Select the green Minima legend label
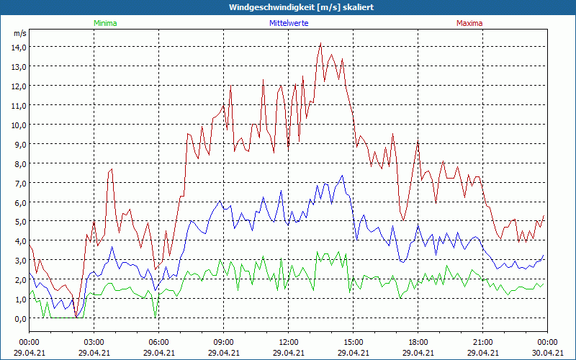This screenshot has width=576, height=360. click(x=105, y=23)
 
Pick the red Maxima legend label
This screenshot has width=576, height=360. click(x=469, y=23)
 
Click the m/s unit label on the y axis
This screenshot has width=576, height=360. click(x=19, y=34)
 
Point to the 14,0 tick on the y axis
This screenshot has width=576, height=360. click(x=18, y=47)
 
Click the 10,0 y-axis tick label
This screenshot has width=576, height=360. click(x=18, y=125)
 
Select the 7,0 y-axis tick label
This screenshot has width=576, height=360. click(x=18, y=183)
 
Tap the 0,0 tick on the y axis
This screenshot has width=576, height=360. click(x=18, y=318)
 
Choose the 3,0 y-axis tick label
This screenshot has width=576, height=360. click(x=18, y=261)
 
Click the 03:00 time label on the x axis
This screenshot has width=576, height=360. click(x=94, y=342)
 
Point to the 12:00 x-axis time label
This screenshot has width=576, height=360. click(x=288, y=342)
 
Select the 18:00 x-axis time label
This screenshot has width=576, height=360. click(x=418, y=342)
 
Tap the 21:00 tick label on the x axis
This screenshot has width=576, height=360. click(x=482, y=342)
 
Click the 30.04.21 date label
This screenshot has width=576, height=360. click(x=547, y=353)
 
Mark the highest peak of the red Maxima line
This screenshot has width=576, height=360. click(x=320, y=43)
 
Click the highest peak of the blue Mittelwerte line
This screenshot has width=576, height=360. click(x=343, y=175)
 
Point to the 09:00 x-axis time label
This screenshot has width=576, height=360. click(x=223, y=342)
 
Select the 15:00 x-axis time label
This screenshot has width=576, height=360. click(x=353, y=342)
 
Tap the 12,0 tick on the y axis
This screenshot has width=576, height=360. click(x=18, y=86)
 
